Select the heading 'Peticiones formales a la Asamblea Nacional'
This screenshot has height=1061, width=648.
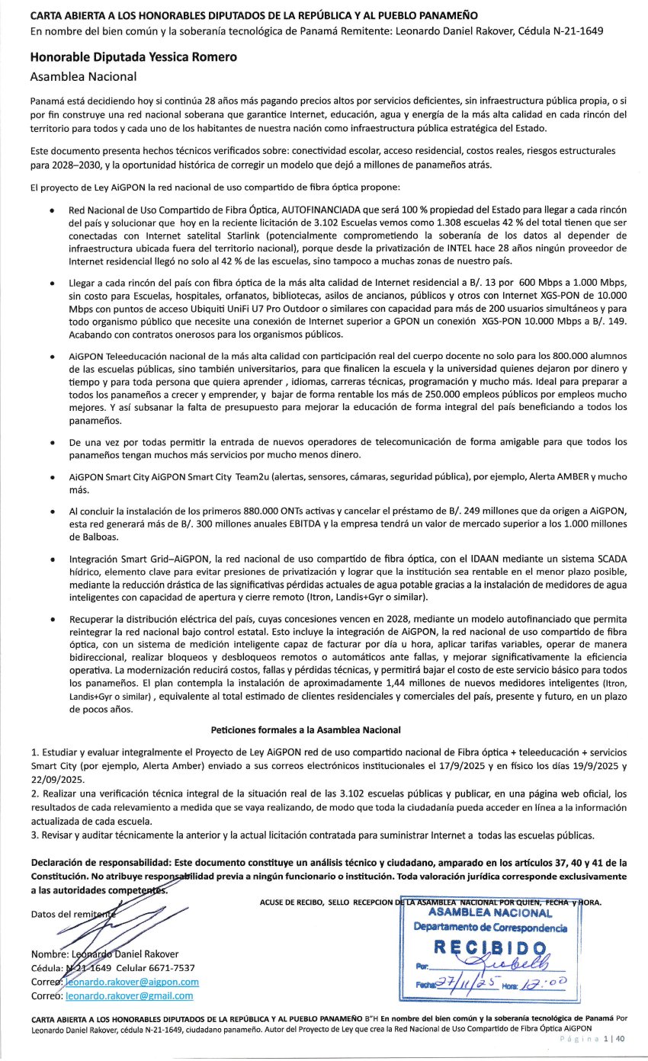(306, 729)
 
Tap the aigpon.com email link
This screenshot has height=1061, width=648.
(132, 982)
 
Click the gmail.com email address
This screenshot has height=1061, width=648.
(130, 995)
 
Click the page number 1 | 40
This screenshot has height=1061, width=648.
(613, 1038)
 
